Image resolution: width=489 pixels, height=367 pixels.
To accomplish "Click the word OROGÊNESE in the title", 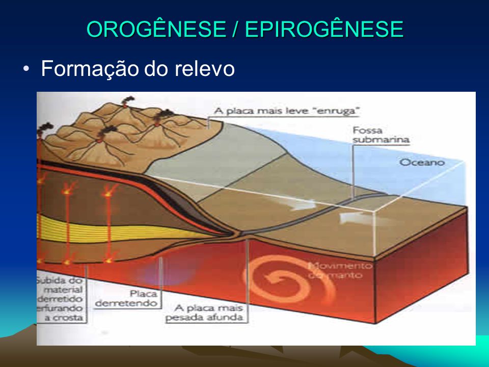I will click(x=156, y=30).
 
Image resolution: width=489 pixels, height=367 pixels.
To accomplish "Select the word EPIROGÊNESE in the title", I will click(x=324, y=30).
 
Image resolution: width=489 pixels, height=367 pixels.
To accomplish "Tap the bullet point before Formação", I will click(x=26, y=69).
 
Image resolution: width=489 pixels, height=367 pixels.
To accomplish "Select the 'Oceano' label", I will click(x=422, y=163).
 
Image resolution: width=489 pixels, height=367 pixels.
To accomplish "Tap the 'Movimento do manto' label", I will click(x=340, y=270).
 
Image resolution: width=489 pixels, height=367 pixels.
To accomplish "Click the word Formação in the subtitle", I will click(x=84, y=69).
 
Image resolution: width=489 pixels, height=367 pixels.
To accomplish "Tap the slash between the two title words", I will click(x=235, y=30).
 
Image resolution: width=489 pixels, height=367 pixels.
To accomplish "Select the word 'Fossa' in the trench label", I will click(x=363, y=130).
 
